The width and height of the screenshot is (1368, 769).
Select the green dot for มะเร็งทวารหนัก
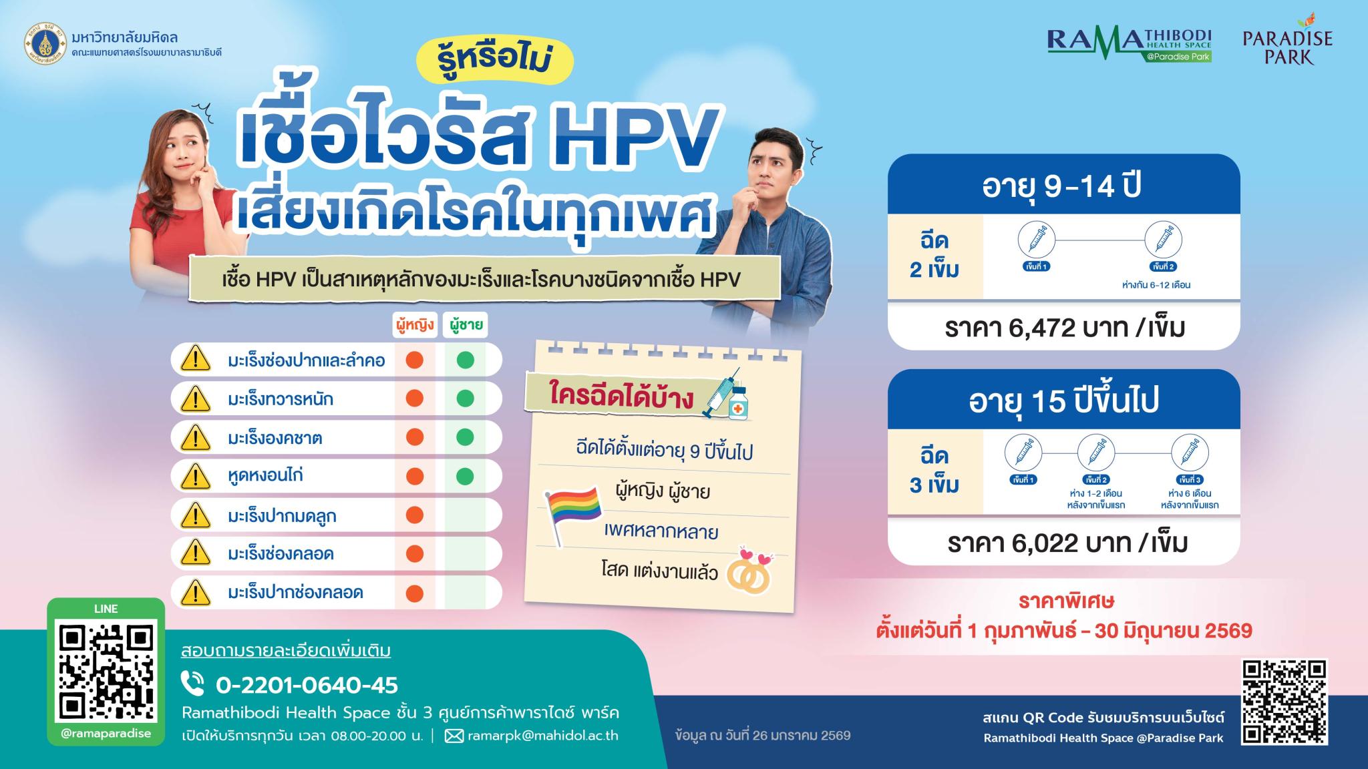466,399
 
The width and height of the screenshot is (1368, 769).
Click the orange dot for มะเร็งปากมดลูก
415,515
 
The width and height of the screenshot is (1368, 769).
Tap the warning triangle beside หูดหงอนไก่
196,477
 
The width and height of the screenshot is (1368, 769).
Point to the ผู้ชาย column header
466,325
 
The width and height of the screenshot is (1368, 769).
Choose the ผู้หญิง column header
414,325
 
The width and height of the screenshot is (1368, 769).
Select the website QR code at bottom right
1284,702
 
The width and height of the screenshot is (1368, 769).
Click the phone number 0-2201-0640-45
307,685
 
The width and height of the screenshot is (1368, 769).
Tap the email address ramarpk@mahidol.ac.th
543,736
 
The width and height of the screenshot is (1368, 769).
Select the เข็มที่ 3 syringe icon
1190,452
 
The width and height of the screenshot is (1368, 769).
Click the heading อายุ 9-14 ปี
1062,186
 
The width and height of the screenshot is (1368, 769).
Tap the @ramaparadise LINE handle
106,734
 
